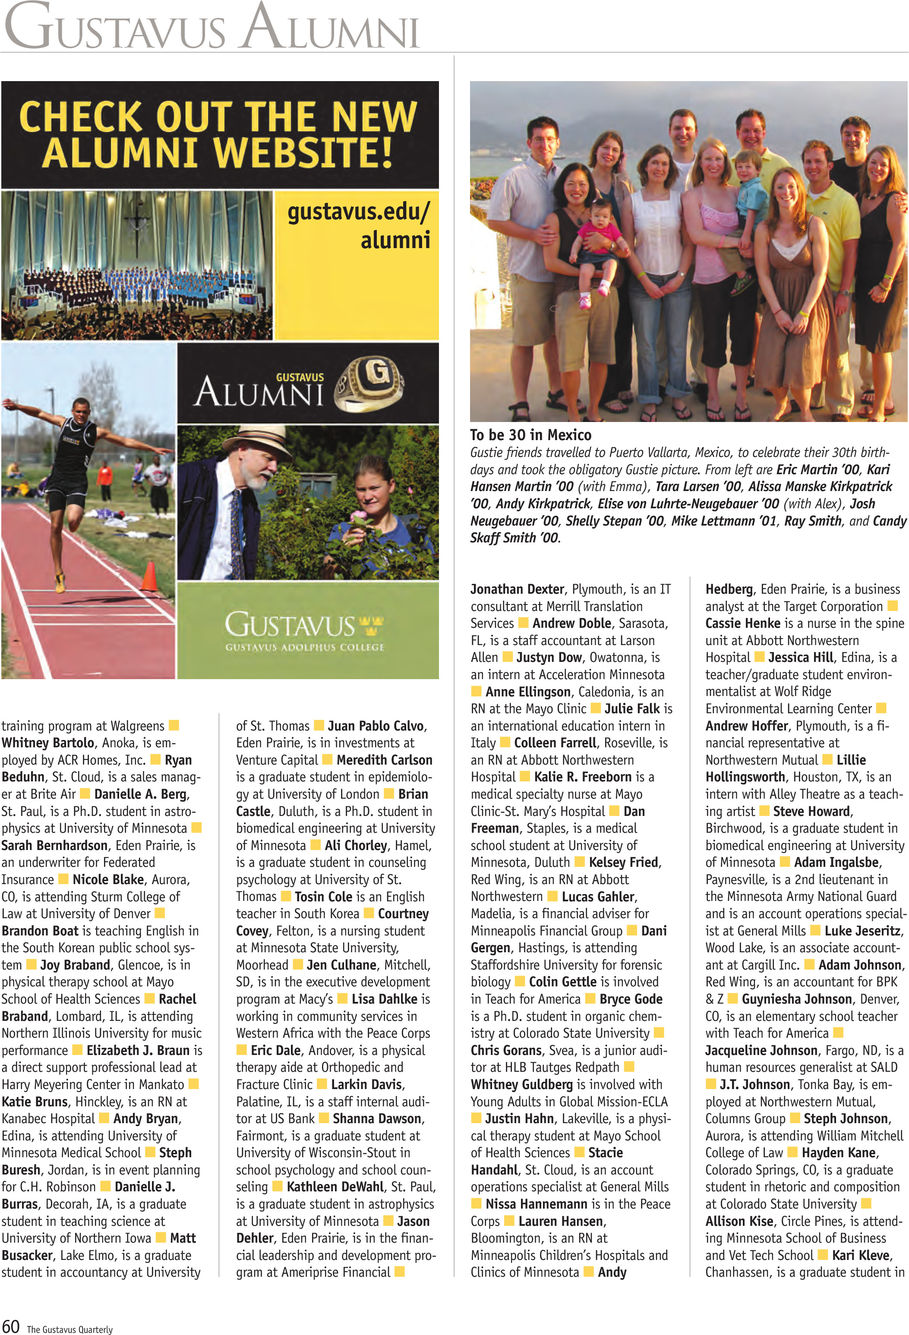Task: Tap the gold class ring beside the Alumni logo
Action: pyautogui.click(x=369, y=383)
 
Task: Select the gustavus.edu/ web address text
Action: pyautogui.click(x=358, y=212)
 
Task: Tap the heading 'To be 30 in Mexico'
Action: pyautogui.click(x=530, y=435)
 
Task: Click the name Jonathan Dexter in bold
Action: pyautogui.click(x=517, y=589)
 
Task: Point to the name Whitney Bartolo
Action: pyautogui.click(x=47, y=743)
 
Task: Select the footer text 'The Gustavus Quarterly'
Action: pyautogui.click(x=69, y=1329)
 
